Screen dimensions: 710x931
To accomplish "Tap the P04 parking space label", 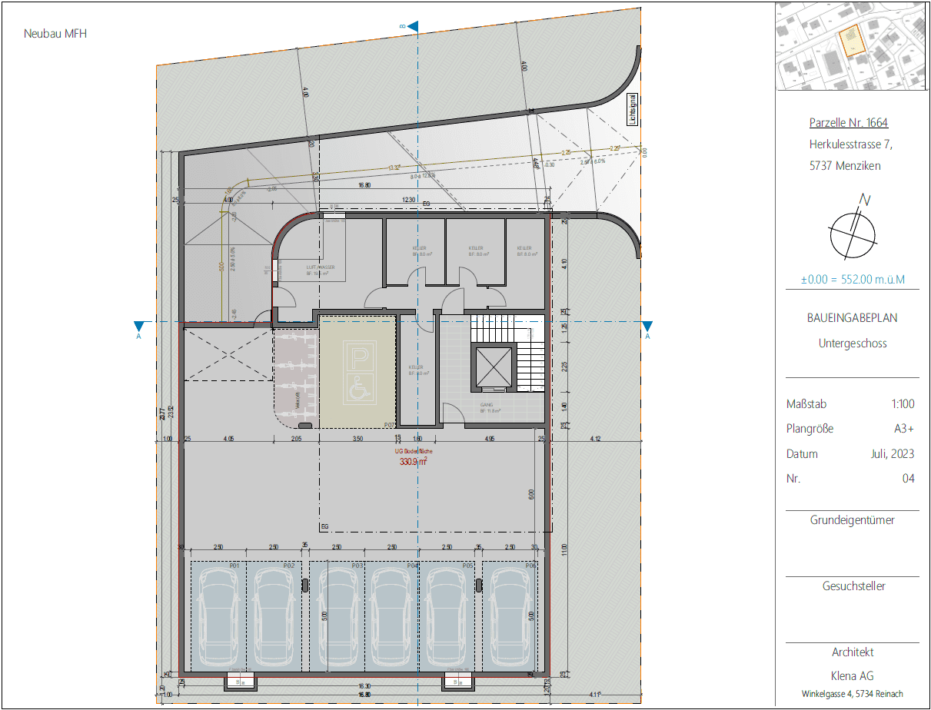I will [413, 566].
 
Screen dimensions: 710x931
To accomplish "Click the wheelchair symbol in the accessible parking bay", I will [358, 390].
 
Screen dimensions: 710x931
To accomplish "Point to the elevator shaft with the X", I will [494, 367].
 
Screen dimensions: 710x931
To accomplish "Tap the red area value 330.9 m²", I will [412, 463].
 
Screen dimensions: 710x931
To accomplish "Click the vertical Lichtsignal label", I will [631, 108].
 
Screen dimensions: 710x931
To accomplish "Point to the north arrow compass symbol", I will [853, 231].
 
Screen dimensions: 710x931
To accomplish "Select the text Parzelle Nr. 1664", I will [849, 123].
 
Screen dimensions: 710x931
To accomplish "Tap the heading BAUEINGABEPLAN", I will [852, 317].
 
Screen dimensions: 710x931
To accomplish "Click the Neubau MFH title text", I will [50, 34].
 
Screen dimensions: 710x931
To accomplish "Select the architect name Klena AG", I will [853, 676].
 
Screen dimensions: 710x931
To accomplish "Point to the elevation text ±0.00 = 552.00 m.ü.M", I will [853, 280].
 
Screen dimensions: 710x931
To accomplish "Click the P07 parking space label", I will [389, 424].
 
